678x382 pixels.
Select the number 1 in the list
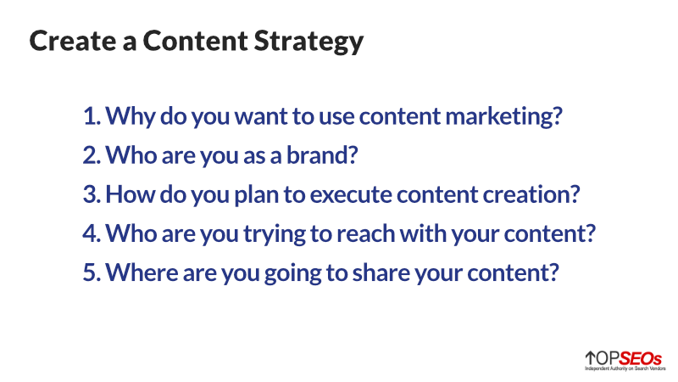[90, 116]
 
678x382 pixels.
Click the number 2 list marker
[91, 154]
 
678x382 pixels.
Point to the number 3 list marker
[91, 194]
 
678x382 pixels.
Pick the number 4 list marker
[91, 233]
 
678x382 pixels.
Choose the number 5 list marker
[91, 272]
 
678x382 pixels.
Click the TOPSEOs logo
[625, 360]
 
